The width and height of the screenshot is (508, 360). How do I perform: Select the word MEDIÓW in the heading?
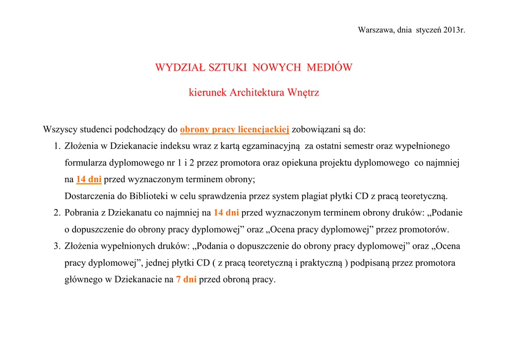pyautogui.click(x=329, y=68)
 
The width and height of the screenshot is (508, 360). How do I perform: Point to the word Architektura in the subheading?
pyautogui.click(x=257, y=93)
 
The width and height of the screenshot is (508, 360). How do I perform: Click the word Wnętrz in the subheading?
pyautogui.click(x=303, y=93)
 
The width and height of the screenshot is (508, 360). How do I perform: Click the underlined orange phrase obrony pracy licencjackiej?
pyautogui.click(x=235, y=130)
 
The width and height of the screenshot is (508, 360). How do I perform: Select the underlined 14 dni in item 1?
pyautogui.click(x=89, y=179)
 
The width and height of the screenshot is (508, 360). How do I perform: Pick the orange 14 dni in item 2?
pyautogui.click(x=226, y=213)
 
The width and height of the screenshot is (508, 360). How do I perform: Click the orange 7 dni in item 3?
pyautogui.click(x=187, y=279)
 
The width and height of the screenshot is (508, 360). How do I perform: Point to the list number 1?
pyautogui.click(x=57, y=146)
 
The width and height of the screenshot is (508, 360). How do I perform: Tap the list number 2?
pyautogui.click(x=57, y=213)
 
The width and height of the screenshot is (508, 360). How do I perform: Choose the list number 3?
pyautogui.click(x=57, y=246)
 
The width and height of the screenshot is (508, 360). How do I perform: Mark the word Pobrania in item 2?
pyautogui.click(x=81, y=213)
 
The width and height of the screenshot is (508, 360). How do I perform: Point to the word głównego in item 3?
pyautogui.click(x=83, y=279)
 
